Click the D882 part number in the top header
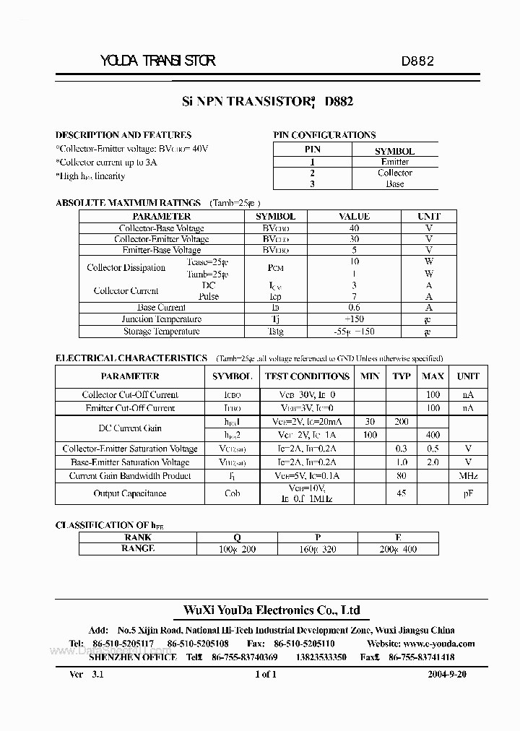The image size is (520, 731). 417,61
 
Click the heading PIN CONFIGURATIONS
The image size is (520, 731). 324,135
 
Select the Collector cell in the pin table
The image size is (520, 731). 394,173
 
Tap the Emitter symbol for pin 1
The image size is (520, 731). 394,163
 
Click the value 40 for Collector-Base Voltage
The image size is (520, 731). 354,228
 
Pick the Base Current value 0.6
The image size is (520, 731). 354,308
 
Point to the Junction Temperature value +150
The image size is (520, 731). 354,319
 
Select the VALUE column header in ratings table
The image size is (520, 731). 354,217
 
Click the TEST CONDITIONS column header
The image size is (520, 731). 307,376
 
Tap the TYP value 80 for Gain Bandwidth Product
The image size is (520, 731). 402,476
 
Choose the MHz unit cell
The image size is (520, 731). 468,476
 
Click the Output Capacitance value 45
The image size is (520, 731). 402,493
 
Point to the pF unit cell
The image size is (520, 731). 468,493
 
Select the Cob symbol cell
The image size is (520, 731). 232,493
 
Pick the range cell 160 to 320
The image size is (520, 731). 318,548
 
